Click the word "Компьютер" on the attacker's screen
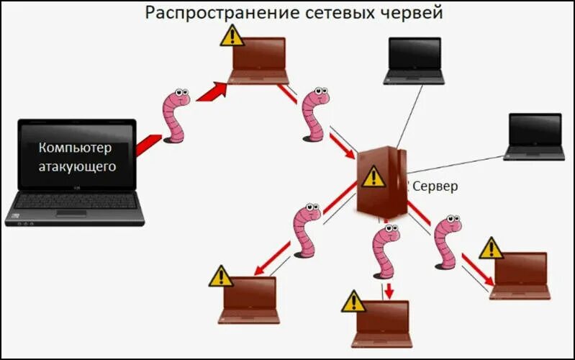76,148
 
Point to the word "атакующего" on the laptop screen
77,166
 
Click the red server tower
382,183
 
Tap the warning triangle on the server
373,176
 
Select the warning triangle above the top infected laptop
232,35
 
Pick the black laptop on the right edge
535,135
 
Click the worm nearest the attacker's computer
175,115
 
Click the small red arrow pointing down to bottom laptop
389,291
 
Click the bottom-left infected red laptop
250,299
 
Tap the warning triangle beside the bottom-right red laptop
492,248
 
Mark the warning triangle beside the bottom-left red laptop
221,276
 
